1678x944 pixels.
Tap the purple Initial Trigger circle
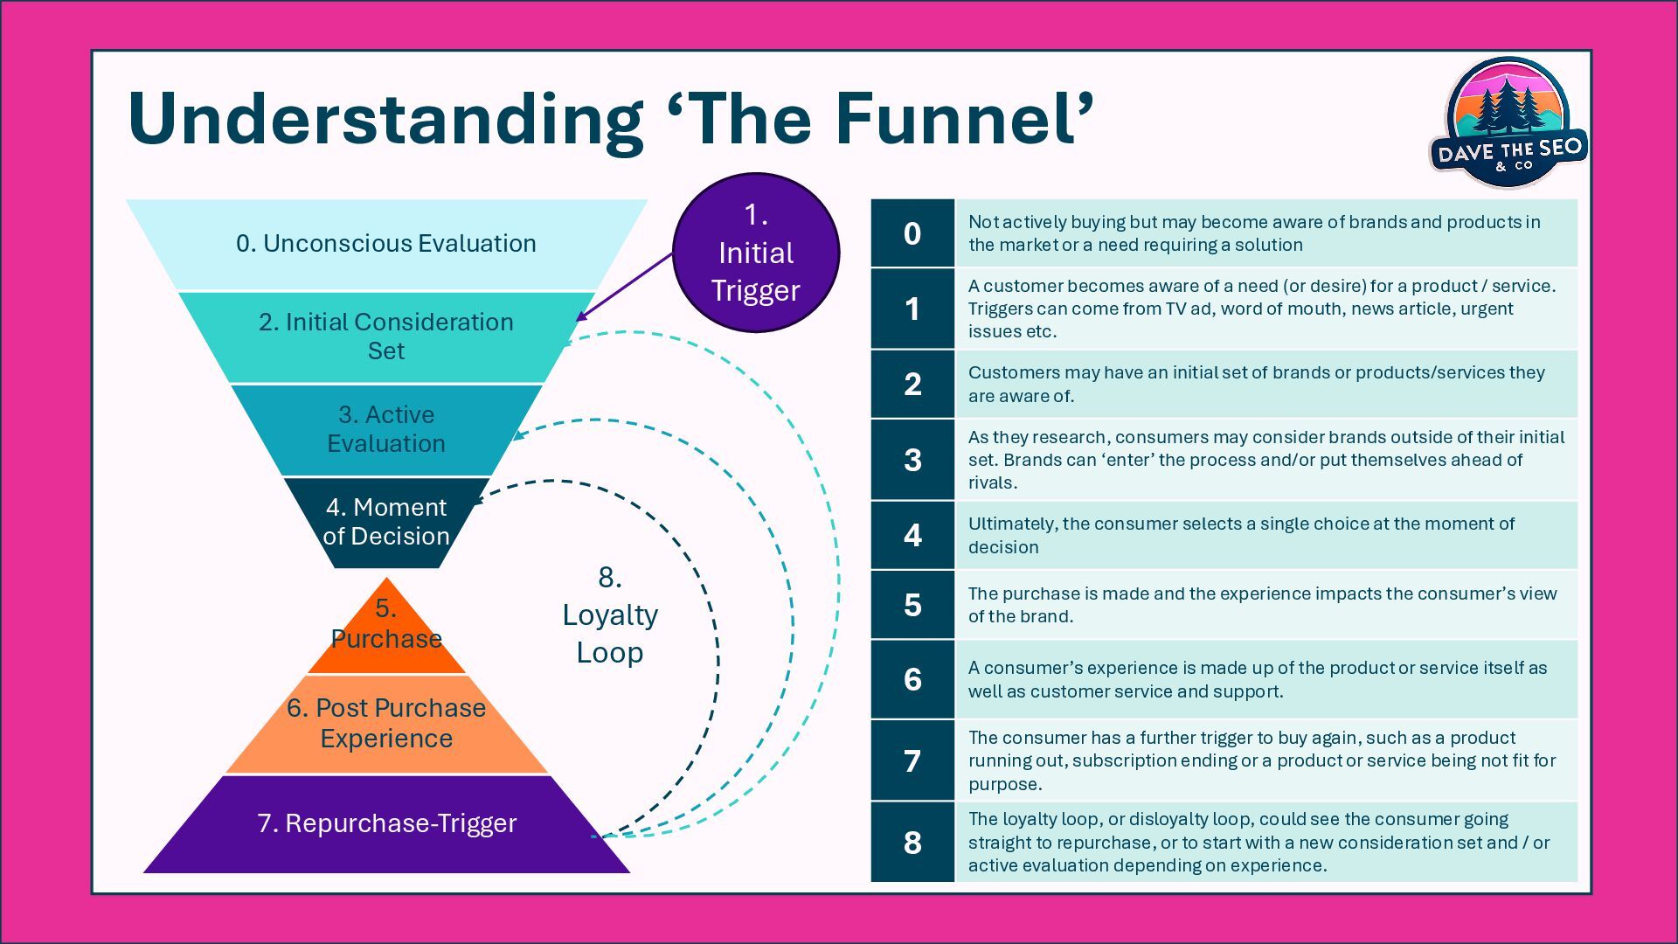pyautogui.click(x=756, y=253)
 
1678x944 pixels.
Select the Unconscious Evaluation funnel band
pyautogui.click(x=386, y=244)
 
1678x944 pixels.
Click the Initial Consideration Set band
pyautogui.click(x=386, y=337)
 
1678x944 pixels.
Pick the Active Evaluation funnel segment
pyautogui.click(x=386, y=429)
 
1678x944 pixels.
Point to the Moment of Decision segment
pyautogui.click(x=386, y=522)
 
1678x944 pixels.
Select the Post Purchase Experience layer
pyautogui.click(x=386, y=723)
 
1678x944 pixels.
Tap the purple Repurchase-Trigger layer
pyautogui.click(x=386, y=823)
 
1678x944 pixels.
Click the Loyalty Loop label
pyautogui.click(x=610, y=615)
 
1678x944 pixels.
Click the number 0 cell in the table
pyautogui.click(x=912, y=233)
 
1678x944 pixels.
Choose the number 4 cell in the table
pyautogui.click(x=912, y=535)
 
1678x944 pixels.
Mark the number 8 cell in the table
pyautogui.click(x=912, y=842)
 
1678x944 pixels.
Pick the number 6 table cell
pyautogui.click(x=912, y=679)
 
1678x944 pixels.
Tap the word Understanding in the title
pyautogui.click(x=385, y=121)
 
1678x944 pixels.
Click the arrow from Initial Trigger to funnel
pyautogui.click(x=626, y=286)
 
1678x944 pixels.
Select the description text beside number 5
pyautogui.click(x=1262, y=605)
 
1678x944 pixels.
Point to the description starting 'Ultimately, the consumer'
pyautogui.click(x=1241, y=535)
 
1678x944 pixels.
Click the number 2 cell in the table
pyautogui.click(x=912, y=384)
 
